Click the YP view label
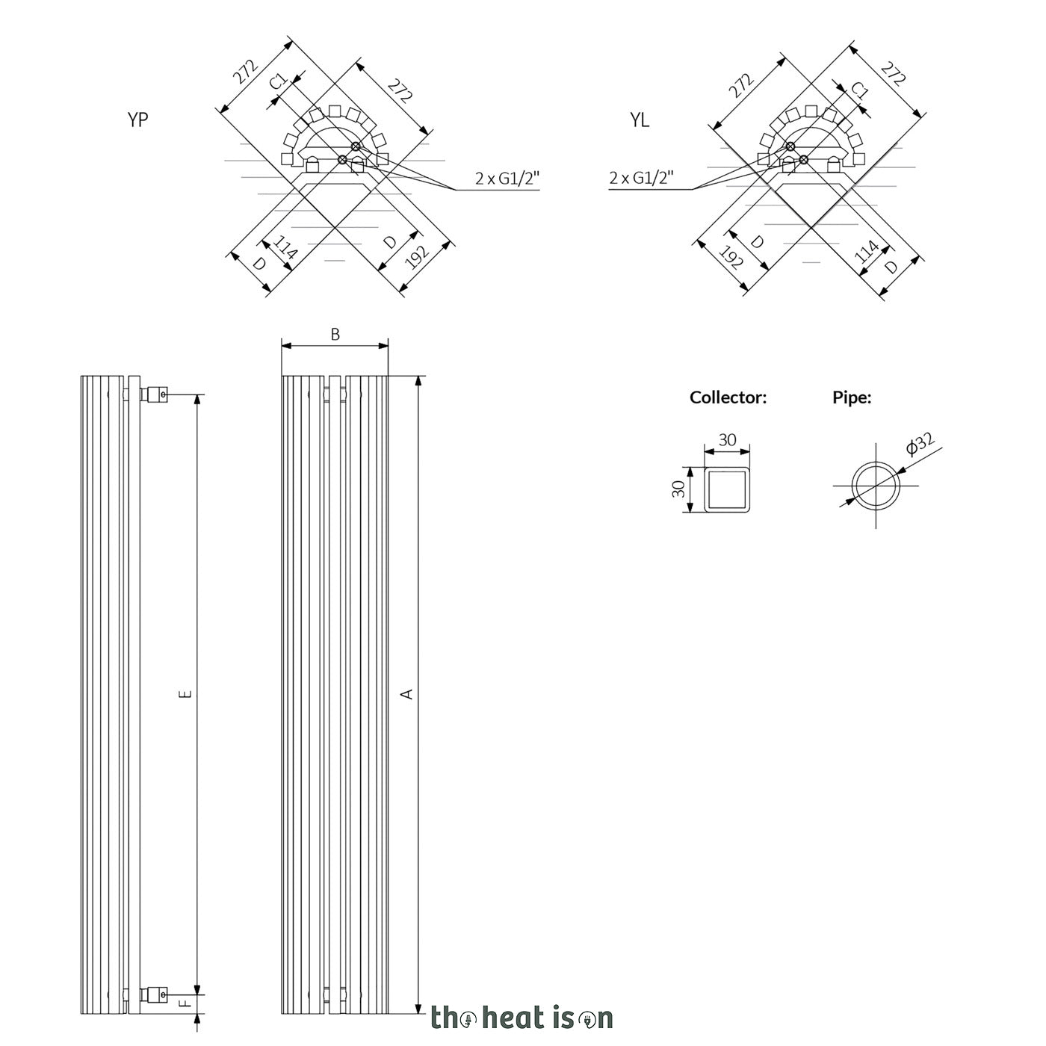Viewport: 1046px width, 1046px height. point(137,120)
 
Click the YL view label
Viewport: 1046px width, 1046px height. point(640,120)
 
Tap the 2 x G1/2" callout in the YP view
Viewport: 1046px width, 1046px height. point(507,178)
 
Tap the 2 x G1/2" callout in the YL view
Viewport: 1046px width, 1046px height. point(641,178)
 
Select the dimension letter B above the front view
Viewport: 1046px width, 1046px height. point(335,335)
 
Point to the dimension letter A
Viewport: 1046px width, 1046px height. point(407,693)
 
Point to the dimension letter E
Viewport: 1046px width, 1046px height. point(185,693)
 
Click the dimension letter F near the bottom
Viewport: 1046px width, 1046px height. point(185,1003)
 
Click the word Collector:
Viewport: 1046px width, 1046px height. point(728,397)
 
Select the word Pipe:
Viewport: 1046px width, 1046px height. point(852,398)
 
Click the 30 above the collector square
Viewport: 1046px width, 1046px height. point(727,439)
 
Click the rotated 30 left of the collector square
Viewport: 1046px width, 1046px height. point(678,489)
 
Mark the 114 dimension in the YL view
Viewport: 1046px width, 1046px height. point(866,251)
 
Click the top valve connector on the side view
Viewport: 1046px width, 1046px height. point(154,394)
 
